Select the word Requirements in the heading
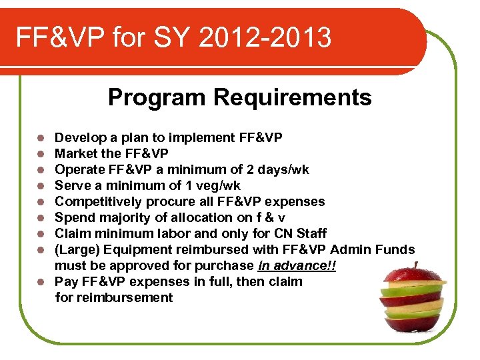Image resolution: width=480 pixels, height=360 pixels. (x=293, y=98)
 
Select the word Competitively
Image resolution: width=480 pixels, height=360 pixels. (x=98, y=202)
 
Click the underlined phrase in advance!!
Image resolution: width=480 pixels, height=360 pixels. (x=297, y=265)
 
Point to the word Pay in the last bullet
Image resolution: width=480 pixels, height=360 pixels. (x=65, y=281)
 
